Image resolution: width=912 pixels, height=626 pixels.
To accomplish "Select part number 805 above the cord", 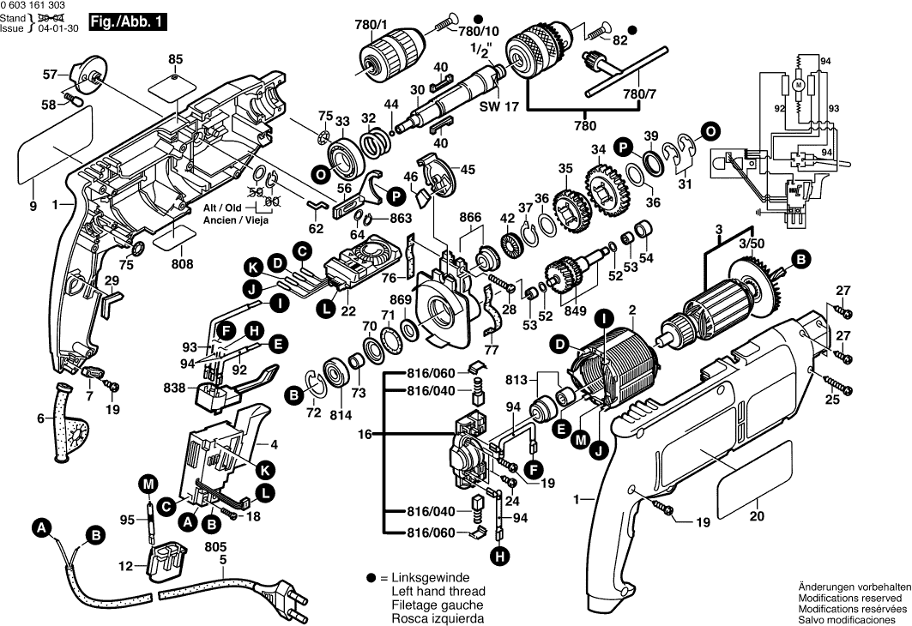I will tap(217, 544).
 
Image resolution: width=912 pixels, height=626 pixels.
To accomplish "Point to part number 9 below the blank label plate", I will tap(33, 206).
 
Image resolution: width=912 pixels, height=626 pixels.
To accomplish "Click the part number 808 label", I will tap(181, 265).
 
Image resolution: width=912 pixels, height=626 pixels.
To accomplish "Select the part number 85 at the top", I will tap(176, 59).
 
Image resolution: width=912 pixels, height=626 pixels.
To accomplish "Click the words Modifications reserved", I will tap(849, 598).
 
